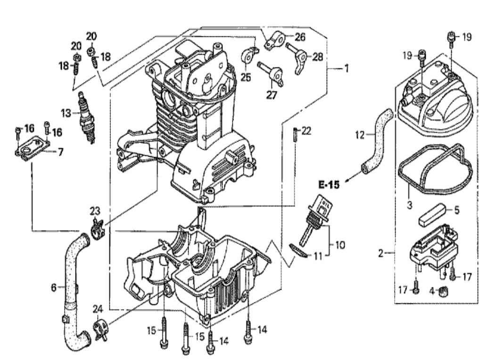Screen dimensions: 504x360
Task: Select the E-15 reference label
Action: [x=329, y=184]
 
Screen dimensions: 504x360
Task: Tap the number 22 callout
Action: [x=306, y=131]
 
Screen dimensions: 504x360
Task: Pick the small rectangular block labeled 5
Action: [x=431, y=216]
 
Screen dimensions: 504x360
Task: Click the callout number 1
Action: [x=347, y=68]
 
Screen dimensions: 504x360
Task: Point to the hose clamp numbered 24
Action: [x=100, y=330]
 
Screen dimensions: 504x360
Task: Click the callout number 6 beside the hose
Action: [x=54, y=287]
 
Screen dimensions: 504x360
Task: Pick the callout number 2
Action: [x=381, y=253]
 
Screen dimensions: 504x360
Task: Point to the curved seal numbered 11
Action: [x=298, y=250]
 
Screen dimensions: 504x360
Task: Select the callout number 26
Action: [x=300, y=37]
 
